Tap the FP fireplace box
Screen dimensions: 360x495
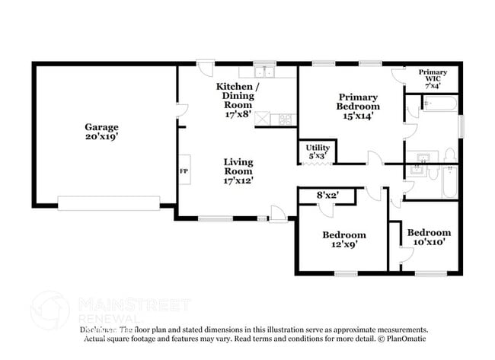point(184,171)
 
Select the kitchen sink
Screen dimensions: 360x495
point(265,73)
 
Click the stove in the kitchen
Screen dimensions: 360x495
point(285,119)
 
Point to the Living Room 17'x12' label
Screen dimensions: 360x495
point(238,171)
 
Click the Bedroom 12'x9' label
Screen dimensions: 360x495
point(344,240)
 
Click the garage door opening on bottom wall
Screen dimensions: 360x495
point(109,202)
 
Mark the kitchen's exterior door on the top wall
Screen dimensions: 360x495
point(205,68)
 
